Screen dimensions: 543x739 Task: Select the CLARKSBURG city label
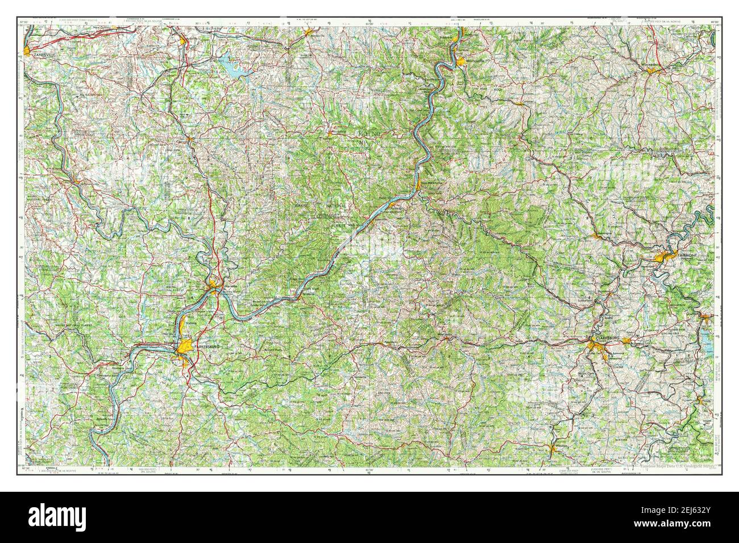604,338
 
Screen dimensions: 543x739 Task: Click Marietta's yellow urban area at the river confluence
214,284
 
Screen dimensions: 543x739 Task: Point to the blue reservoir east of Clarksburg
708,340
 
